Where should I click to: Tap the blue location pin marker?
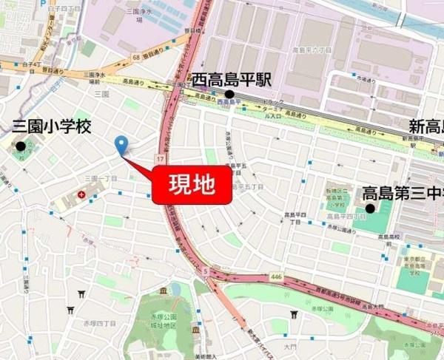click(x=121, y=146)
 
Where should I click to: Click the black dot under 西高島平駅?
click(x=230, y=95)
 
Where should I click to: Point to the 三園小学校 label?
click(x=51, y=126)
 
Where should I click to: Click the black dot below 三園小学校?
click(x=21, y=146)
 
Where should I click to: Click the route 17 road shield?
click(x=161, y=159)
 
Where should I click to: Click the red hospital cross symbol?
click(x=81, y=195)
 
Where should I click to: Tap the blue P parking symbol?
click(x=44, y=3)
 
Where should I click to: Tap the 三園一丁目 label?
click(x=101, y=179)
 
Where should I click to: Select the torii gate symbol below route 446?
click(x=294, y=314)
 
